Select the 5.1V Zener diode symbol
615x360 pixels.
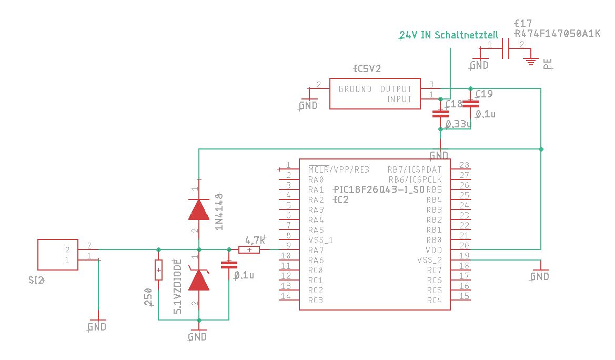pyautogui.click(x=199, y=281)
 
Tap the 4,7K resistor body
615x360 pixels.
pyautogui.click(x=249, y=250)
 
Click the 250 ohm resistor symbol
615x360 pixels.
pyautogui.click(x=158, y=270)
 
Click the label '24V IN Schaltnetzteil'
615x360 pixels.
pyautogui.click(x=449, y=35)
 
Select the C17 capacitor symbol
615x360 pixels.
pyautogui.click(x=507, y=49)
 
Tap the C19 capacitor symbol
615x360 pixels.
pyautogui.click(x=470, y=103)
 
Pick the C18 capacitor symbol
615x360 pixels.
pyautogui.click(x=440, y=113)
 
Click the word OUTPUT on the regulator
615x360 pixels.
pyautogui.click(x=396, y=89)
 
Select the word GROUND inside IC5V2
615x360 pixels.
pyautogui.click(x=355, y=89)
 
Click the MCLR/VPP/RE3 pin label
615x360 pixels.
pyautogui.click(x=339, y=169)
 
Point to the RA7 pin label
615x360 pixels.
pyautogui.click(x=316, y=250)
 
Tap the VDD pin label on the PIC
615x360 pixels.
pyautogui.click(x=434, y=250)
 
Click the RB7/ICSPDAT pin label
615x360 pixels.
pyautogui.click(x=415, y=169)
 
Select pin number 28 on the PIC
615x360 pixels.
pyautogui.click(x=464, y=165)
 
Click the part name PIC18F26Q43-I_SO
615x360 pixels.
pyautogui.click(x=379, y=189)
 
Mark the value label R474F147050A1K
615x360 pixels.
pyautogui.click(x=557, y=34)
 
